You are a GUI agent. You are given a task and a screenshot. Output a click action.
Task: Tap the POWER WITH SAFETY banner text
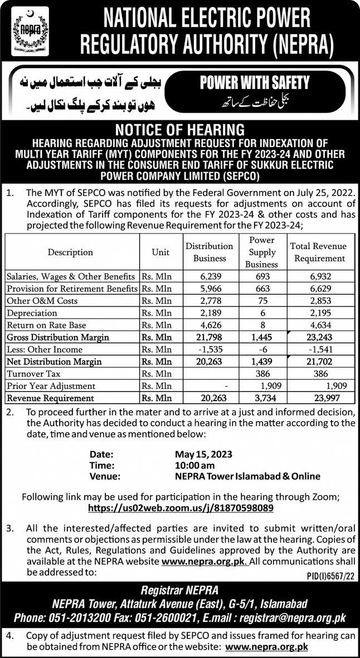coord(254,84)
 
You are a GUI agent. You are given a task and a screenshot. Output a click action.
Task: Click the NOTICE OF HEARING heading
coord(180,130)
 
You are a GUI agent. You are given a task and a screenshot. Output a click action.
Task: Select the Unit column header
coord(160,252)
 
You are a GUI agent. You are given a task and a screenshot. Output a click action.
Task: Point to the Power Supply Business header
coord(261,252)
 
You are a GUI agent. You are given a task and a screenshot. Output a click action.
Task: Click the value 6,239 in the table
coord(210,276)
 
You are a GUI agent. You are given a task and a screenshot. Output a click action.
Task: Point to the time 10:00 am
coord(196,465)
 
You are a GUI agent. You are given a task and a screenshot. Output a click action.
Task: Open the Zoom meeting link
coord(181,509)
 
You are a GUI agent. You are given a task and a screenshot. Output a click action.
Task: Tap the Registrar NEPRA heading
coord(179,591)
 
